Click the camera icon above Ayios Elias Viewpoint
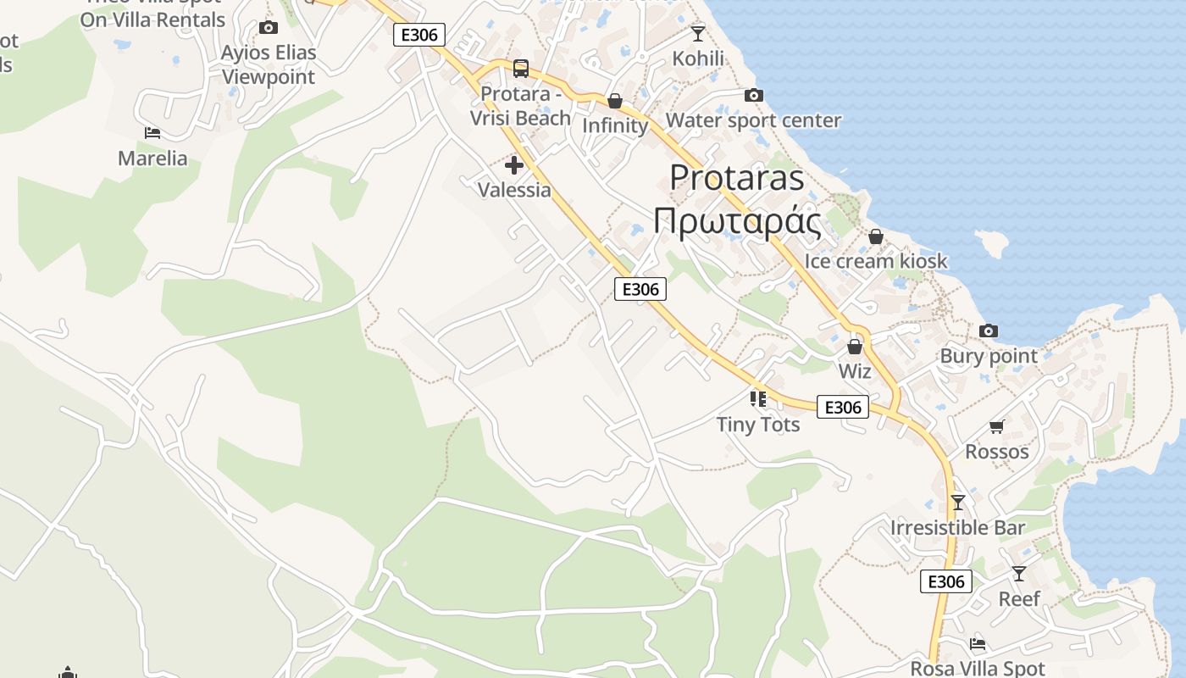tap(269, 28)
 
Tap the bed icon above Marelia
tap(152, 132)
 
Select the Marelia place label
tap(152, 158)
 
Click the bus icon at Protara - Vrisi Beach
tap(520, 68)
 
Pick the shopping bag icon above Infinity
tap(615, 101)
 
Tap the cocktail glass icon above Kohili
tap(697, 33)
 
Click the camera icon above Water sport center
tap(753, 95)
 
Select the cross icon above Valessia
tap(513, 165)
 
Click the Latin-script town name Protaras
tap(736, 177)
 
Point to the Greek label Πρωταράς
tap(737, 222)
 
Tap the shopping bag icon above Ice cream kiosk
tap(875, 236)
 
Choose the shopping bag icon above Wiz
tap(854, 347)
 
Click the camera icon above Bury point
tap(988, 331)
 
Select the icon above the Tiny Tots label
tap(757, 398)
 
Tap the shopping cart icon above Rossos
tap(996, 426)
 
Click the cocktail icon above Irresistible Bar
tap(957, 502)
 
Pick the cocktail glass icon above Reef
tap(1018, 574)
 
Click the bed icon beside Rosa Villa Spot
tap(977, 643)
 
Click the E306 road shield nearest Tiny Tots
tap(843, 408)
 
